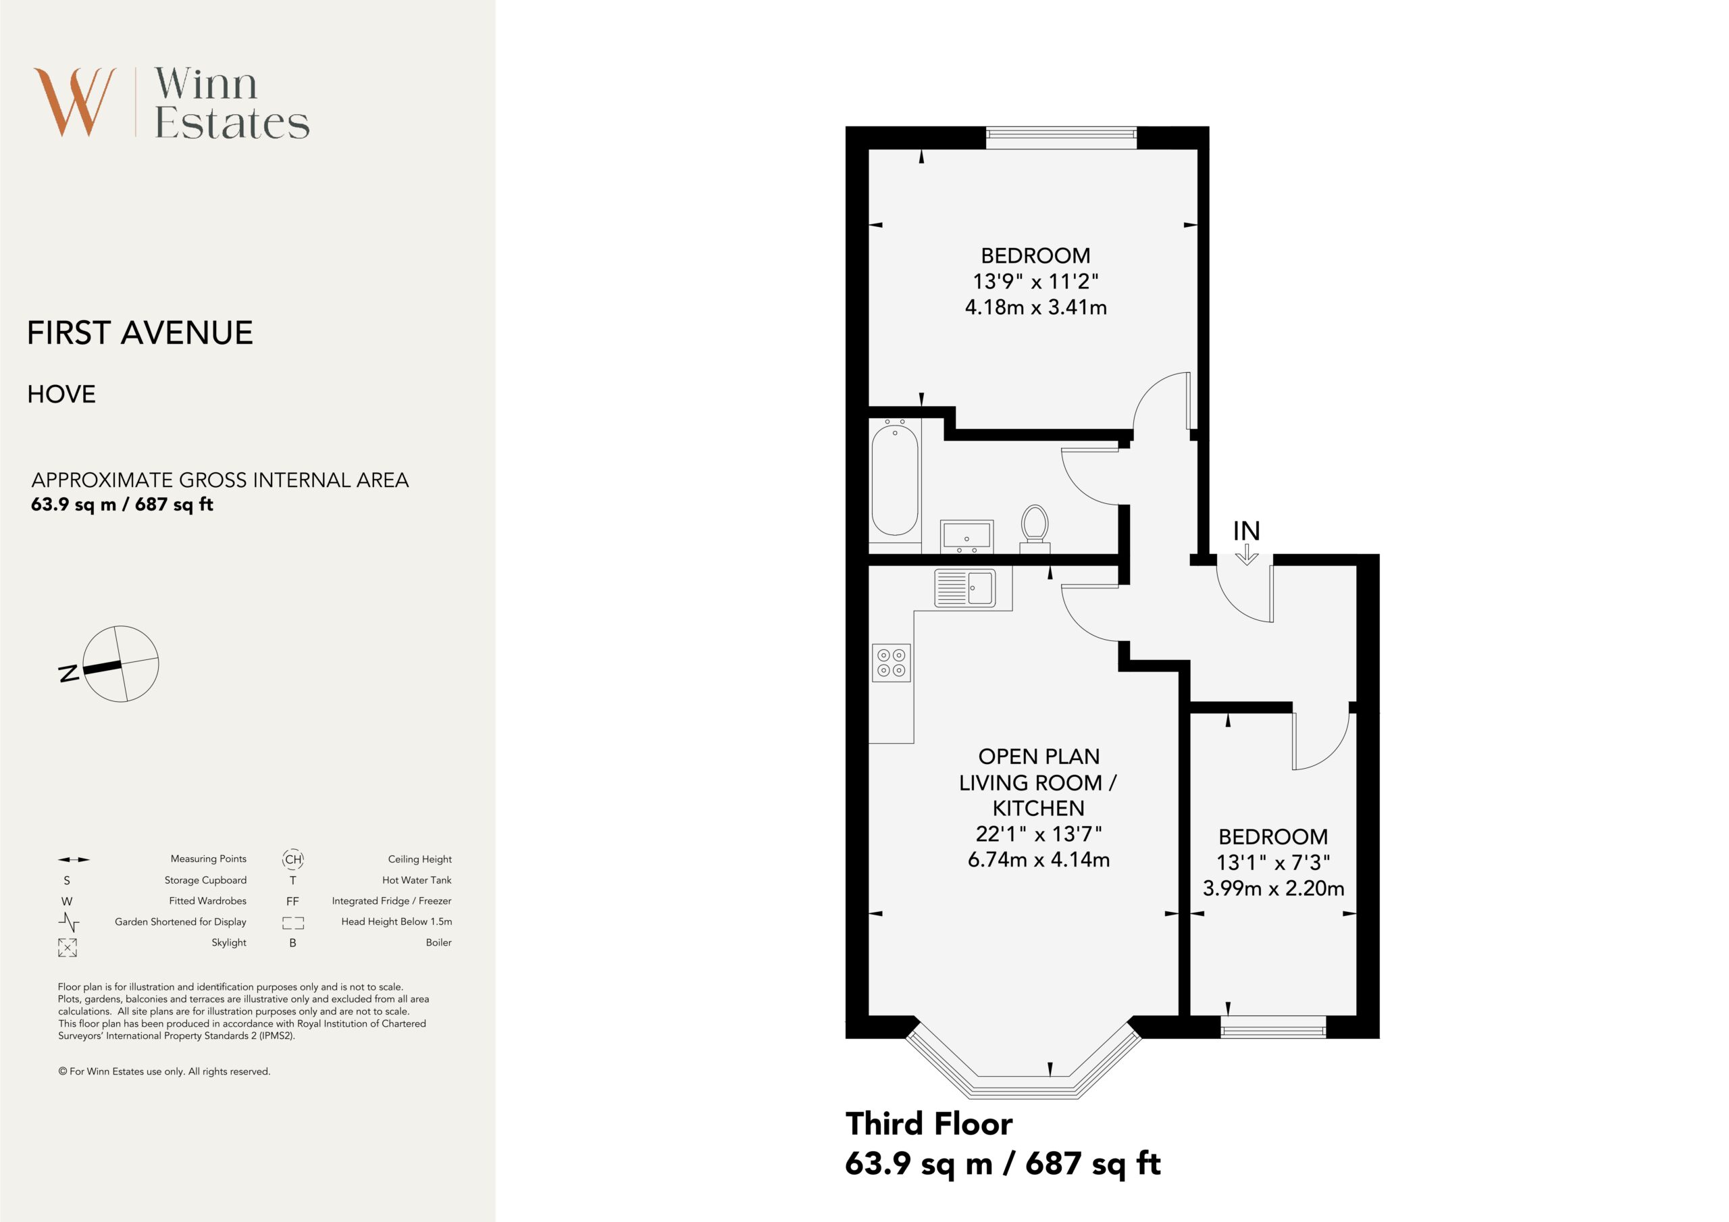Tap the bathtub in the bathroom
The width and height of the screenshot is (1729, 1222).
pyautogui.click(x=895, y=479)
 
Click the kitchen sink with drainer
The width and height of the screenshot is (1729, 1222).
pyautogui.click(x=964, y=588)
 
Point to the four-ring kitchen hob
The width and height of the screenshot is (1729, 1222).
pyautogui.click(x=892, y=663)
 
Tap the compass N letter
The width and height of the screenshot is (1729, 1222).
pyautogui.click(x=68, y=673)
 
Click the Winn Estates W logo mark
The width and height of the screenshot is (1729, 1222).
pyautogui.click(x=74, y=102)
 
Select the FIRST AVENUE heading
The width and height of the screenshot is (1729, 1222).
pyautogui.click(x=140, y=333)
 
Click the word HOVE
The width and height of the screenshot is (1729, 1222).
pyautogui.click(x=61, y=394)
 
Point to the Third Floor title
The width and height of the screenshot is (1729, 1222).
pyautogui.click(x=929, y=1124)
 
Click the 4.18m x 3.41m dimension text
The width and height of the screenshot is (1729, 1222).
pyautogui.click(x=1035, y=307)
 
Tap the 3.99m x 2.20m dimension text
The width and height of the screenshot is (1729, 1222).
pyautogui.click(x=1273, y=888)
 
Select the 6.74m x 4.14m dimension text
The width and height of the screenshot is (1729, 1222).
pyautogui.click(x=1039, y=860)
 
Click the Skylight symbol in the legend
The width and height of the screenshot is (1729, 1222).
pyautogui.click(x=67, y=948)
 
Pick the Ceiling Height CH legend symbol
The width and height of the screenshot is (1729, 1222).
pyautogui.click(x=293, y=859)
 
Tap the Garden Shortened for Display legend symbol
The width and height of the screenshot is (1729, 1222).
pyautogui.click(x=68, y=922)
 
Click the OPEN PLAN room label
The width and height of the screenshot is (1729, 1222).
pyautogui.click(x=1039, y=757)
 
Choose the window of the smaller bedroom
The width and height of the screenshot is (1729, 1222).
pyautogui.click(x=1272, y=1027)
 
